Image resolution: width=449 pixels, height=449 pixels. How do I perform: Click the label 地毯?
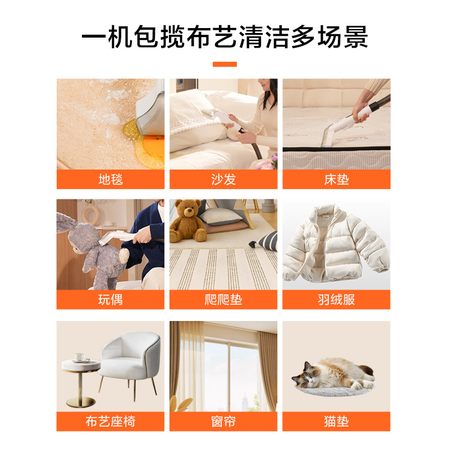pyautogui.click(x=111, y=180)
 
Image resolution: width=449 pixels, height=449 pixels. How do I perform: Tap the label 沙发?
pyautogui.click(x=223, y=180)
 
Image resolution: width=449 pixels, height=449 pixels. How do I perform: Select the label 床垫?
pyautogui.click(x=336, y=180)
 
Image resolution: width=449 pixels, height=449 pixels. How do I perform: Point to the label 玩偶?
pyautogui.click(x=111, y=300)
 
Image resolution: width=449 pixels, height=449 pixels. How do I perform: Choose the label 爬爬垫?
pyautogui.click(x=223, y=300)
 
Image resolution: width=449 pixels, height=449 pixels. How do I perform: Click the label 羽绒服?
pyautogui.click(x=336, y=300)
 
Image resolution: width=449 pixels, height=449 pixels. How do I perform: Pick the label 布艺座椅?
pyautogui.click(x=111, y=421)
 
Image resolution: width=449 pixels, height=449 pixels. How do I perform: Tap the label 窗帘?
pyautogui.click(x=223, y=421)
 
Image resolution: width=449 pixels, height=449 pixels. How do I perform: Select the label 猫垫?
pyautogui.click(x=336, y=421)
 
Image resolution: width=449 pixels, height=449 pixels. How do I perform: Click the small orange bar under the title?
pyautogui.click(x=224, y=64)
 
